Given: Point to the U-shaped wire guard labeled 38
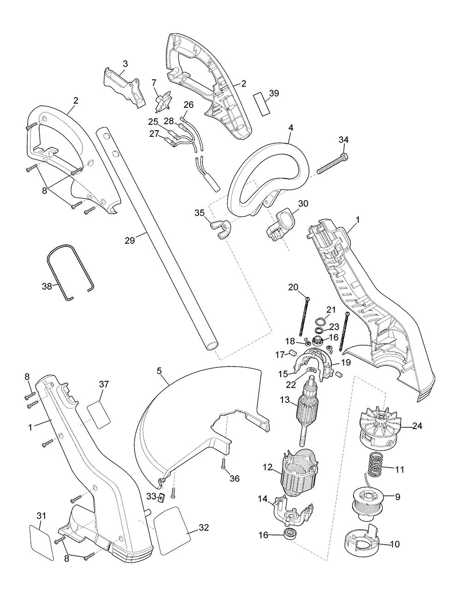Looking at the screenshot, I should (70, 271).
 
